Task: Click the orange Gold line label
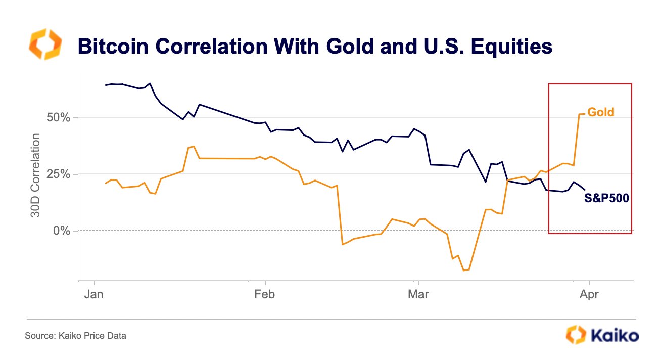click(x=600, y=112)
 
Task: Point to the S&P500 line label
click(x=606, y=199)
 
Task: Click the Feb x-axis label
click(x=264, y=294)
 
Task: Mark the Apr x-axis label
click(x=590, y=294)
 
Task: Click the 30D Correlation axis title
click(x=36, y=175)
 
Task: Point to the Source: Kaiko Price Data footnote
click(x=75, y=335)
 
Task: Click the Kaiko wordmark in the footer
click(x=613, y=335)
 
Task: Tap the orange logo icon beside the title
click(x=45, y=44)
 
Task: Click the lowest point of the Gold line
click(x=463, y=271)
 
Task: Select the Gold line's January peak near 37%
click(x=194, y=147)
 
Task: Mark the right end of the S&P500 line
click(x=585, y=190)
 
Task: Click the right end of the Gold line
click(x=584, y=114)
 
